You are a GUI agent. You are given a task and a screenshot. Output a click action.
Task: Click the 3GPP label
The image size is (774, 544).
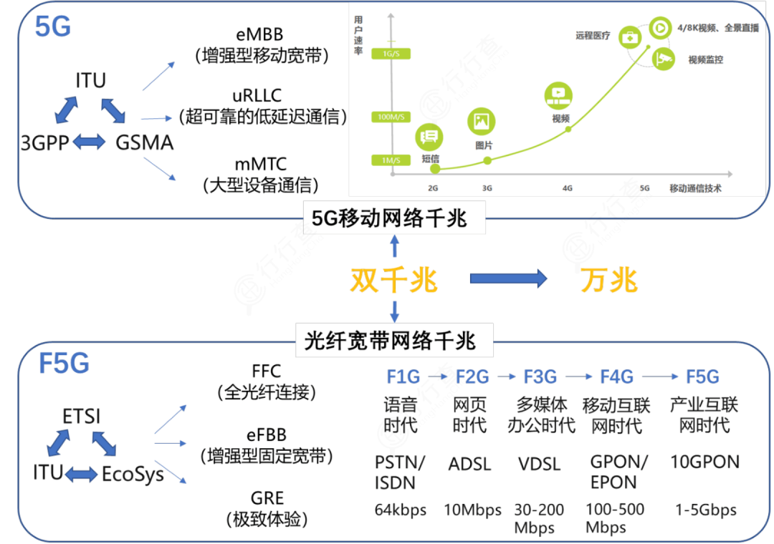[44, 143]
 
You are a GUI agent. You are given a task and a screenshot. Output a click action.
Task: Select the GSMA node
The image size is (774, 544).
[145, 143]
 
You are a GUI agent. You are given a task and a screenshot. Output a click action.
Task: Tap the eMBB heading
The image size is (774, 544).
[259, 34]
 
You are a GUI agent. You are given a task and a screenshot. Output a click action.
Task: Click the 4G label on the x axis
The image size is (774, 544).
[567, 189]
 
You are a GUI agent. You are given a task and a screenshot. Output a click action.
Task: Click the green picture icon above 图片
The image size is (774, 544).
[482, 121]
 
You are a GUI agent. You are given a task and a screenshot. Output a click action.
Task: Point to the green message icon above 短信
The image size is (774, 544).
[430, 136]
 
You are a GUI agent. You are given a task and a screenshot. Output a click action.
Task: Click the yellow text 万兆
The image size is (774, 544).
[608, 280]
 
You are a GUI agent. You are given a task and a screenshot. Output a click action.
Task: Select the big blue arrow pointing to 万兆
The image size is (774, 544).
[509, 279]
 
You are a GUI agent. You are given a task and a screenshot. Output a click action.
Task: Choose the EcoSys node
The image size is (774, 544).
[133, 473]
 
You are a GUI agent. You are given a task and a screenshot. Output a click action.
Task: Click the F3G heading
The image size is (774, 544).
[540, 377]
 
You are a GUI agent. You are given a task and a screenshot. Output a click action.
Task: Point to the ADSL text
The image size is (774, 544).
[469, 464]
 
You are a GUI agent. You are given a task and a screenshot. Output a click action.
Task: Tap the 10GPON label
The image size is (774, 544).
[704, 462]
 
